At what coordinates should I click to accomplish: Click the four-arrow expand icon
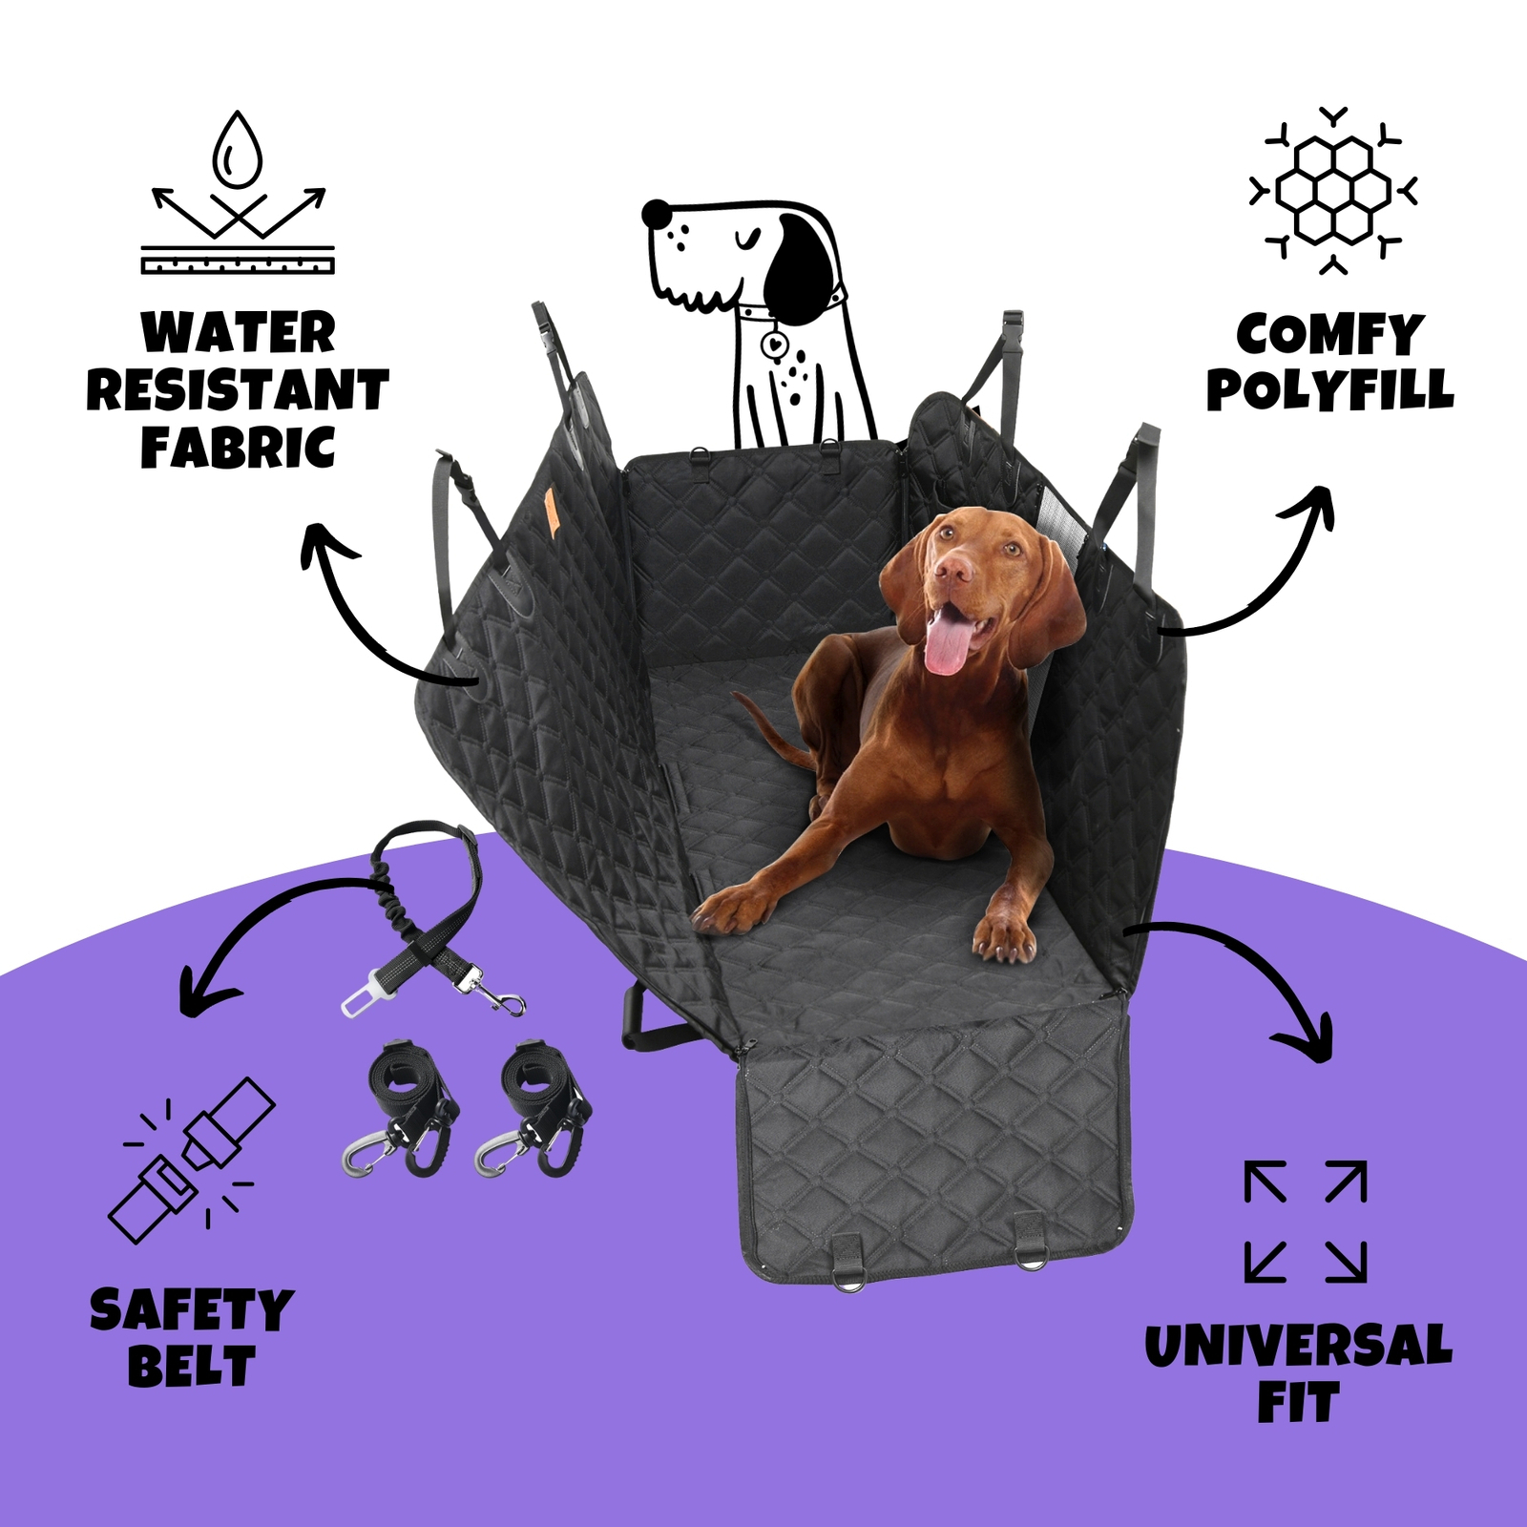point(1306,1221)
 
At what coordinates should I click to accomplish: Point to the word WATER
point(239,333)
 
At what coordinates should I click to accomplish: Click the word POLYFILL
point(1330,389)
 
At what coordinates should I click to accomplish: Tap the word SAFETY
point(192,1309)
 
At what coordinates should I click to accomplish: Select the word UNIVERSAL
point(1298,1346)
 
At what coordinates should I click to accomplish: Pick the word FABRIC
point(239,447)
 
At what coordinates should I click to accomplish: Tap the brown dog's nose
point(954,570)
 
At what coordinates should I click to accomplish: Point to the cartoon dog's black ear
point(800,261)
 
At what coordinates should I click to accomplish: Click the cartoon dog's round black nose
point(657,213)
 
